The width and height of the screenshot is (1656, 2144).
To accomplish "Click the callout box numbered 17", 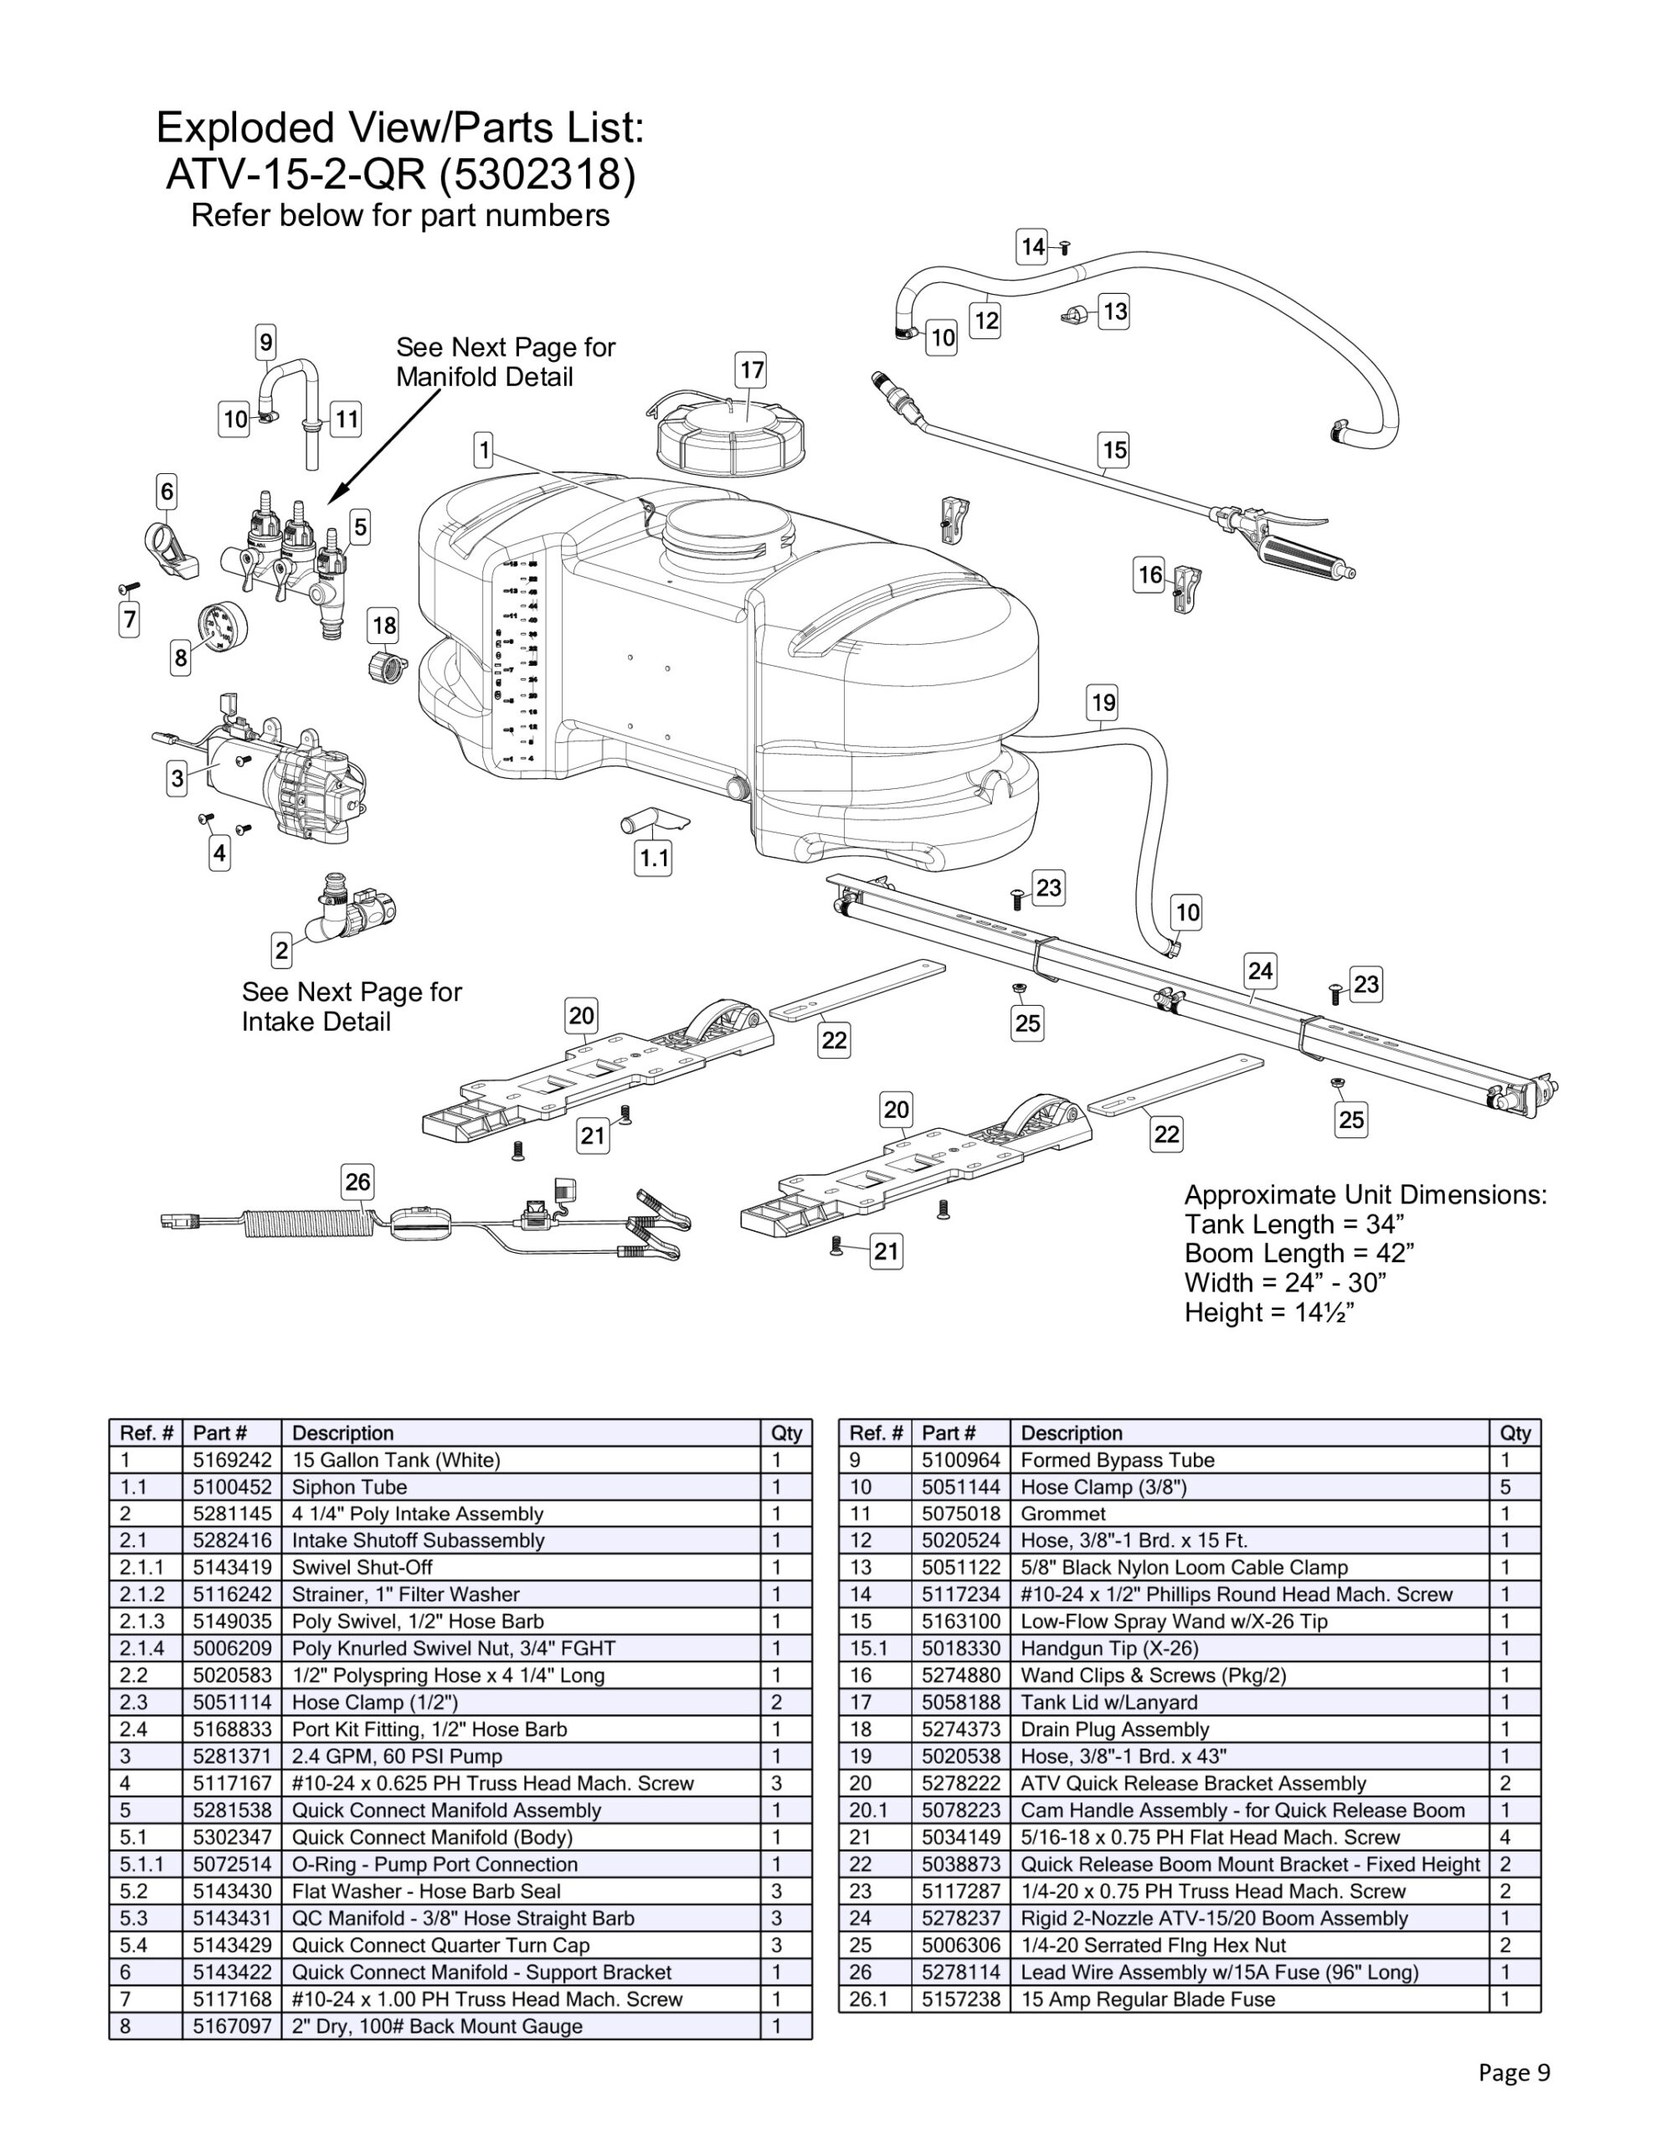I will [751, 370].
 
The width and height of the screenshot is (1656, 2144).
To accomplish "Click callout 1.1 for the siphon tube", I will [654, 859].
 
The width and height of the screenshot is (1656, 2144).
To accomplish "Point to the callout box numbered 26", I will [357, 1181].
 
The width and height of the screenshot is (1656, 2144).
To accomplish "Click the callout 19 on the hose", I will [1103, 703].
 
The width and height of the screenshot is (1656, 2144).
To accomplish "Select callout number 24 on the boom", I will [1259, 971].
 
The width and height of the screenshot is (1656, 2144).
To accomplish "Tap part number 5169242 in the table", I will [232, 1460].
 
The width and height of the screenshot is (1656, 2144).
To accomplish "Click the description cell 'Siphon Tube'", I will [349, 1487].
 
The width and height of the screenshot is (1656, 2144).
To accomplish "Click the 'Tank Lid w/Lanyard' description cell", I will [1108, 1703].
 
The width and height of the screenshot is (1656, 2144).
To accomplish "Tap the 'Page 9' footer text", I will [1514, 2072].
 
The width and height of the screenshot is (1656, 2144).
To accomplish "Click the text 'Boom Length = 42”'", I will [1299, 1254].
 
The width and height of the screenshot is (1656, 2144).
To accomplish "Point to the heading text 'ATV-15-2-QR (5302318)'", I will [400, 175].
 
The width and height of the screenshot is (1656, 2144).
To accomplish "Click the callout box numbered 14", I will [1031, 246].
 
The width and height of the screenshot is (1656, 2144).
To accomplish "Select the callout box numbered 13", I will [1114, 312].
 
